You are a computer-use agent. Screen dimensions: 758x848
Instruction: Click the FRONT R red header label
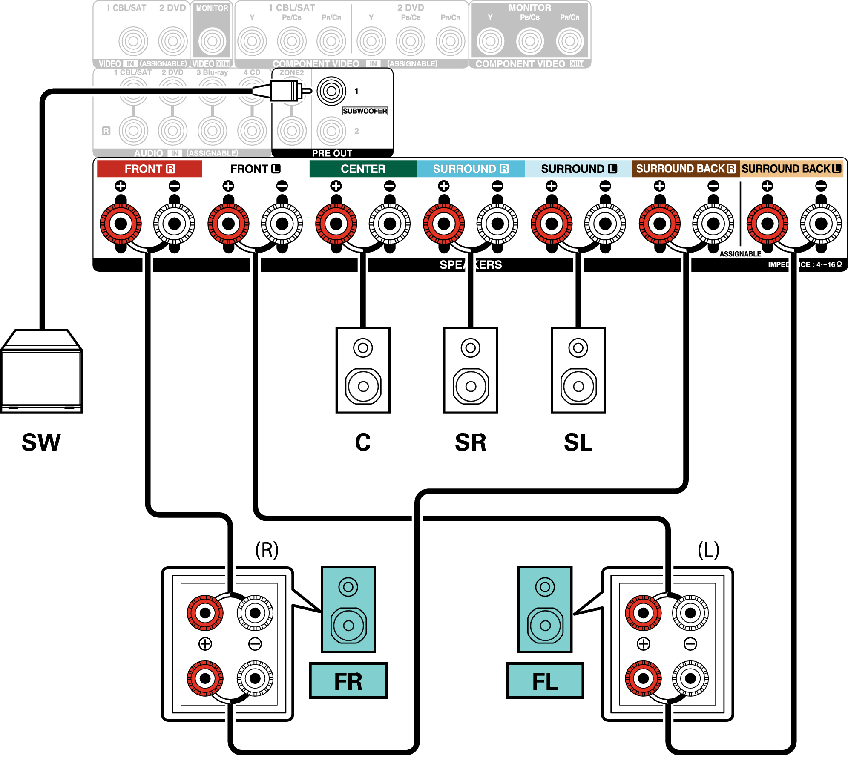(149, 169)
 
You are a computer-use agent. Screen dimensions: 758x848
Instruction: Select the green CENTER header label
(363, 169)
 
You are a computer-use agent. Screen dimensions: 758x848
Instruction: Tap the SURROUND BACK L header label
(791, 169)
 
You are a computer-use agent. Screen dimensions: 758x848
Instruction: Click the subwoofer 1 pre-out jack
(331, 91)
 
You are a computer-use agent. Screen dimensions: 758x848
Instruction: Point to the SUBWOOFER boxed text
(365, 111)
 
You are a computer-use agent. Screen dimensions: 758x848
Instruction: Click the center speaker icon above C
(363, 370)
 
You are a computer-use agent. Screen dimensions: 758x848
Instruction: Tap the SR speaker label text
(471, 442)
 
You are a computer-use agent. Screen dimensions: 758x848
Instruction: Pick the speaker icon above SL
(578, 370)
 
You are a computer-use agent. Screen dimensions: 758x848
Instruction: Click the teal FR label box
(348, 680)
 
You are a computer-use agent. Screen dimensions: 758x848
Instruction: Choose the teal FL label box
(545, 680)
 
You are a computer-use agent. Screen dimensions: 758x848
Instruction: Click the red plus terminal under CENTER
(336, 223)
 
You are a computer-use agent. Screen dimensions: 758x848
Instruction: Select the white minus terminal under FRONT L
(282, 223)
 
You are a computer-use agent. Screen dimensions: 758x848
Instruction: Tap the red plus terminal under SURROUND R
(444, 223)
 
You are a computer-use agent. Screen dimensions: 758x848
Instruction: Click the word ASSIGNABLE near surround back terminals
(740, 254)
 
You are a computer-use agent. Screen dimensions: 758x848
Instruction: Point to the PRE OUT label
(332, 153)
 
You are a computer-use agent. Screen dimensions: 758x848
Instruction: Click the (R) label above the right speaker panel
(267, 550)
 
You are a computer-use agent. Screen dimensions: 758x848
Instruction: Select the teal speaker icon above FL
(545, 609)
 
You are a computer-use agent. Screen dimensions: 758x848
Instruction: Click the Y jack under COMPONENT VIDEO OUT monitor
(490, 41)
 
